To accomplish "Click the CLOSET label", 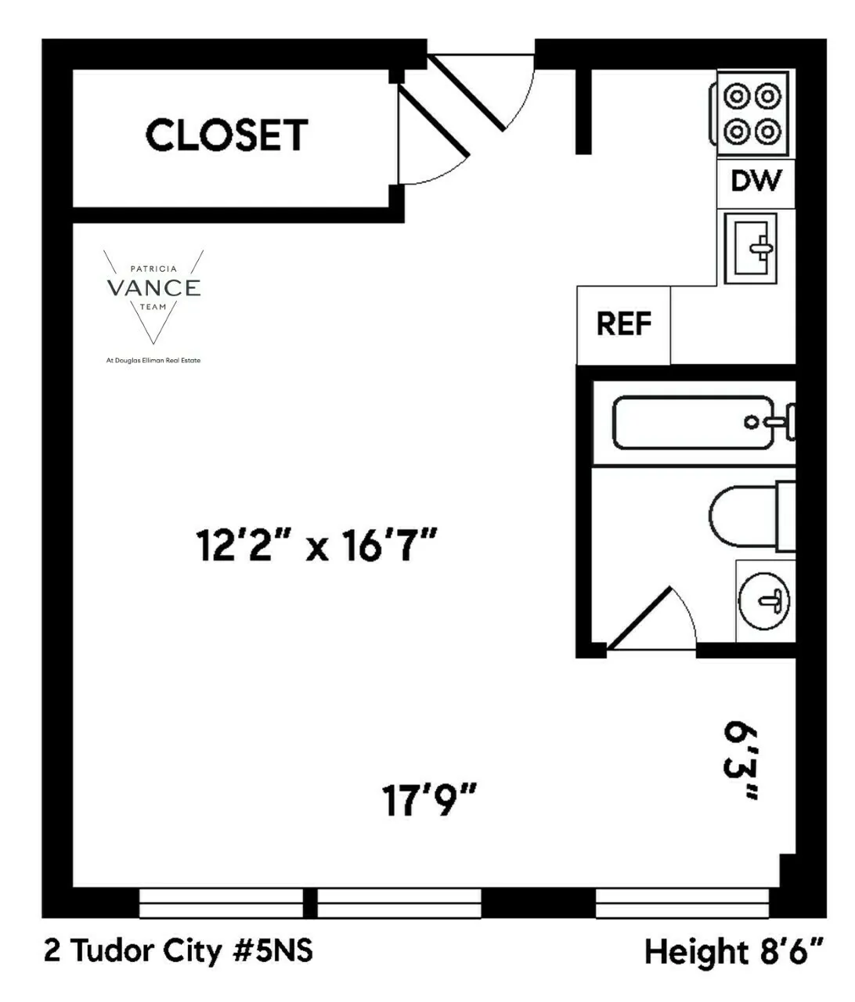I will point(226,135).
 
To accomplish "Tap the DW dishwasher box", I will point(756,181).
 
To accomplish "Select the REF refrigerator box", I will point(623,323).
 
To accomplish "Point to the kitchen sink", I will point(750,247).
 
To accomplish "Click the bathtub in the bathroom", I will point(694,423).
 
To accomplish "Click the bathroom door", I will point(641,618).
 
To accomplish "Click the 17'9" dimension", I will point(429,800).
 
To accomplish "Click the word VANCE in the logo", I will point(153,288).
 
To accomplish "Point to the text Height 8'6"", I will point(734,952).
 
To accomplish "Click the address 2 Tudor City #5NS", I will point(179,950).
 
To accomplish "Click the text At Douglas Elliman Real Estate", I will point(153,361).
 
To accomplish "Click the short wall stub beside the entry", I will point(583,111).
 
